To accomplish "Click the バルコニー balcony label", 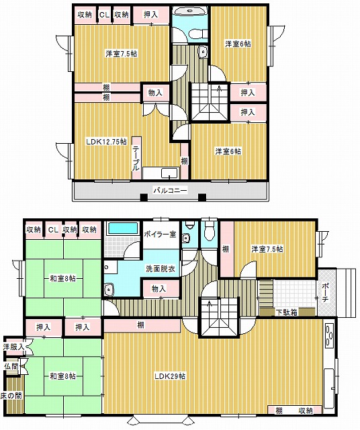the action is (x=170, y=190).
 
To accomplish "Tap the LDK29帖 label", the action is (x=170, y=376).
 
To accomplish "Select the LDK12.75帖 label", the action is (x=106, y=142).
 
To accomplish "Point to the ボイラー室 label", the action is (x=160, y=234).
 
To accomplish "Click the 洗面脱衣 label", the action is (x=160, y=269).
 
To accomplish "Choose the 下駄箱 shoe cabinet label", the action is (x=287, y=312).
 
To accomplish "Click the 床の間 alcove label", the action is (x=11, y=396).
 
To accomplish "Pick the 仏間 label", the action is (x=11, y=366).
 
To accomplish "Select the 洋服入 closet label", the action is (x=13, y=347).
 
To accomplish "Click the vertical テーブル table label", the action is (x=136, y=159).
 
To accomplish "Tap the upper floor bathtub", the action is (x=189, y=12).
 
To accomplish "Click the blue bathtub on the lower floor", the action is (x=123, y=228).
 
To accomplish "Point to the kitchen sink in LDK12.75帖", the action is (x=170, y=173).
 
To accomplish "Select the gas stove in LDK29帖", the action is (x=328, y=336).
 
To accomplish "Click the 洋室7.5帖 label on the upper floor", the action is (x=122, y=54).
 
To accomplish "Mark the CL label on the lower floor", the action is (x=53, y=230).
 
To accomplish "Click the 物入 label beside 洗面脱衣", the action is (x=159, y=288).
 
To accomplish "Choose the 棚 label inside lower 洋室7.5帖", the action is (x=226, y=249).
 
